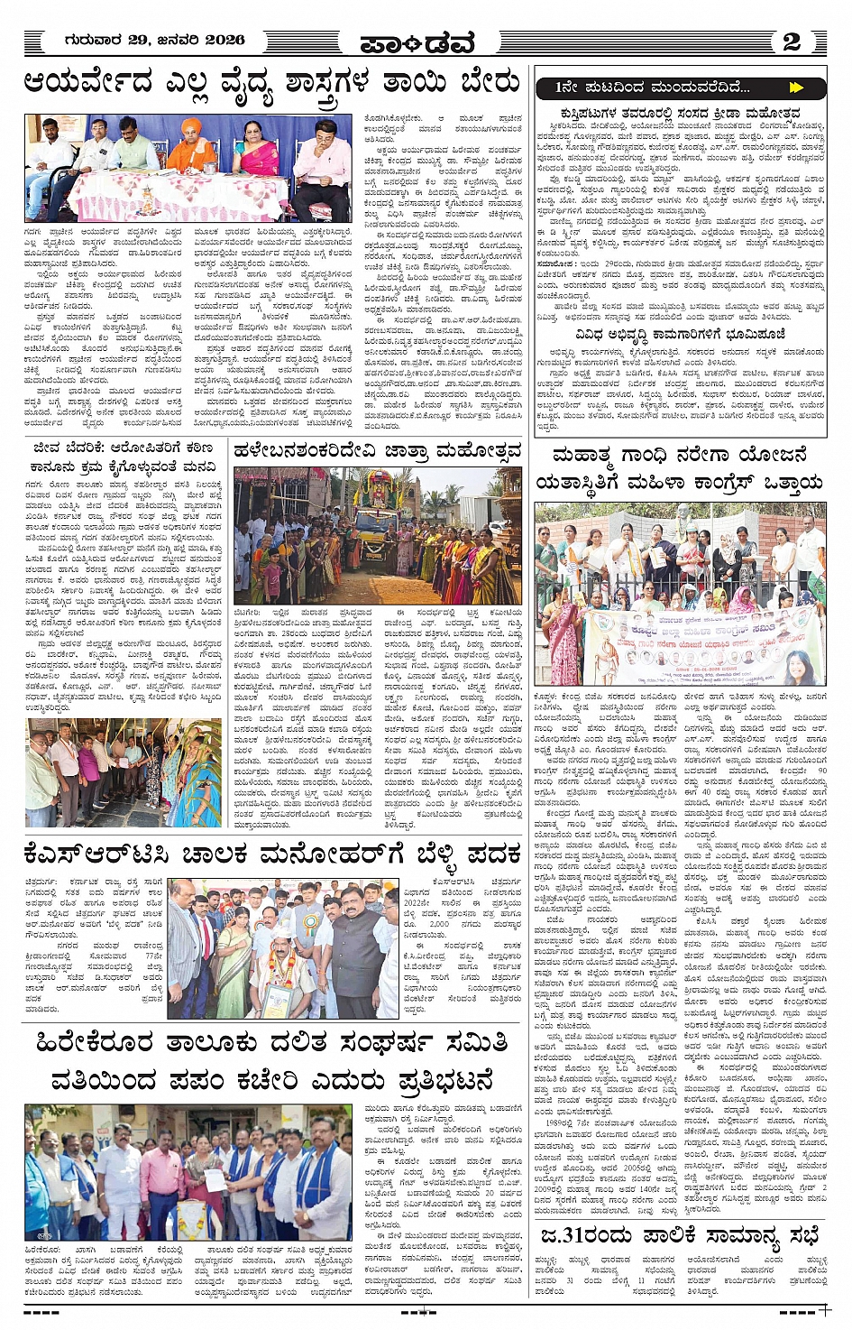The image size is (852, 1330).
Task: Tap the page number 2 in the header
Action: [791, 41]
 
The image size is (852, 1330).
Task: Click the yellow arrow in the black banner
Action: [795, 88]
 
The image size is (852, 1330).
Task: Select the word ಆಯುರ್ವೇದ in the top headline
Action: [89, 83]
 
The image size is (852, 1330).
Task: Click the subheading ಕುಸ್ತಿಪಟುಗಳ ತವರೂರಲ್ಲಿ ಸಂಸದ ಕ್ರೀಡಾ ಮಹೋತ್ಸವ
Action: [679, 112]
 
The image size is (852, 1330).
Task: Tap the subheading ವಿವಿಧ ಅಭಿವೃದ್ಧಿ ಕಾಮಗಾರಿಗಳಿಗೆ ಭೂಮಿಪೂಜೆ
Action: [679, 335]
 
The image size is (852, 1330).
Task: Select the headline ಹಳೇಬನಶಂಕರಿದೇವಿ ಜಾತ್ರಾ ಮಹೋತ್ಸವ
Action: [377, 450]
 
